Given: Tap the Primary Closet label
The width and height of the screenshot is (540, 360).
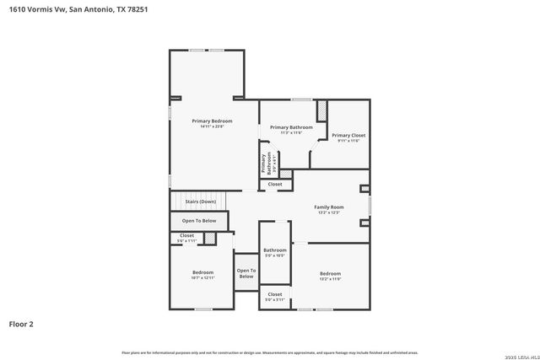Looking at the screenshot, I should click(348, 135).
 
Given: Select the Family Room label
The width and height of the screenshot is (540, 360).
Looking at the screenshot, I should click(329, 207).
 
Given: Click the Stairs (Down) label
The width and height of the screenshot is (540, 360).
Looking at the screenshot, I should click(201, 202).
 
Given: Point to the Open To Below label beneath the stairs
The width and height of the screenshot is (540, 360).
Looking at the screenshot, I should click(199, 221).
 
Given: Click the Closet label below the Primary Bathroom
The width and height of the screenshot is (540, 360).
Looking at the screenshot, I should click(275, 184).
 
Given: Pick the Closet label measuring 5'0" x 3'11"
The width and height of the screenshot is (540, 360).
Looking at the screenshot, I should click(275, 294).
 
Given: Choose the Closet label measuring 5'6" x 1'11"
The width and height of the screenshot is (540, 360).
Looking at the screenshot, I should click(186, 235).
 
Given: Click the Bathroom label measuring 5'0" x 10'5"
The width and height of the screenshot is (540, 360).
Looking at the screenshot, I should click(275, 250).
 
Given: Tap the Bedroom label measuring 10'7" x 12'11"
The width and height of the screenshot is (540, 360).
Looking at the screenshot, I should click(202, 272).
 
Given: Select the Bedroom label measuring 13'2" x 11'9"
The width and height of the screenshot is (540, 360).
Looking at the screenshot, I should click(330, 273).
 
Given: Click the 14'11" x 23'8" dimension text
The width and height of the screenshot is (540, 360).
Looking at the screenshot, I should click(212, 126).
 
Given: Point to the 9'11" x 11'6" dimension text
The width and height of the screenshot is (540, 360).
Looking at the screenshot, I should click(348, 141).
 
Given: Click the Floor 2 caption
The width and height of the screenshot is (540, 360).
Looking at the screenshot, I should click(21, 323).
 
